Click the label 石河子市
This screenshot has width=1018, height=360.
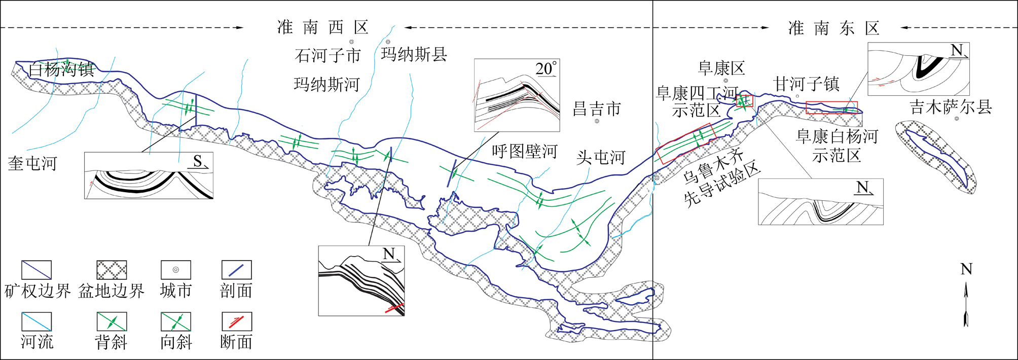pos(328,55)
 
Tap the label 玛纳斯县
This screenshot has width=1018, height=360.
pos(414,54)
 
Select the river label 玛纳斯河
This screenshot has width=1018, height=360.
pos(326,84)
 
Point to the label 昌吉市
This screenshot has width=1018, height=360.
pos(597,109)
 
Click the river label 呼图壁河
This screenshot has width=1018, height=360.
pos(524,151)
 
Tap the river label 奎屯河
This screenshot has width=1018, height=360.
pos(32,164)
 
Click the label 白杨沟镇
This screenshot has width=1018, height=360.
pos(61,69)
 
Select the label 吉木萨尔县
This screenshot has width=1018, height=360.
pos(951,107)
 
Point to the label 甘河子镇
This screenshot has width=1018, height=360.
pos(806,84)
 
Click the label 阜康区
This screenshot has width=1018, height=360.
pos(721,68)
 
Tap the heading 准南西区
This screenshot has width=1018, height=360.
pos(323,27)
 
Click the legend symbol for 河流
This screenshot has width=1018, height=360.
pos(37,321)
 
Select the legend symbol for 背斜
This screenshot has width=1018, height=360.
pos(112,321)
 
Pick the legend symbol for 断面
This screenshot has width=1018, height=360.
pos(237,321)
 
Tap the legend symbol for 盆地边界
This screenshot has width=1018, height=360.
pos(112,270)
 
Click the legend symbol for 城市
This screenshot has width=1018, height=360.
pos(175,270)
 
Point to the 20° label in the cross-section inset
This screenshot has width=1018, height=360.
pos(546,68)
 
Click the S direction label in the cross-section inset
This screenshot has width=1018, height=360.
pos(198,161)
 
